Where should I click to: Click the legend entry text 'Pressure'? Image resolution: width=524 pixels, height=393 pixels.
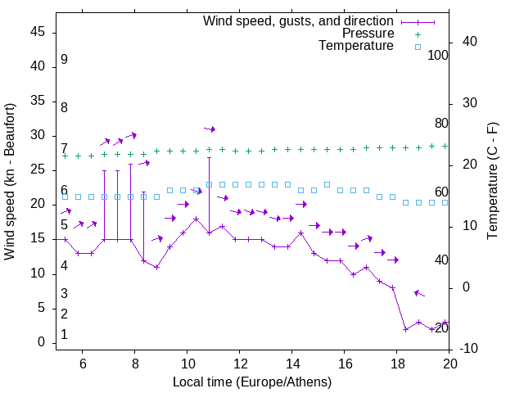pyautogui.click(x=369, y=34)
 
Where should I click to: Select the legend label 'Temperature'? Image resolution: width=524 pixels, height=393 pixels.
pyautogui.click(x=356, y=46)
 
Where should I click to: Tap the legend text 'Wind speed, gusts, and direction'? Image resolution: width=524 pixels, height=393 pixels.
pyautogui.click(x=299, y=21)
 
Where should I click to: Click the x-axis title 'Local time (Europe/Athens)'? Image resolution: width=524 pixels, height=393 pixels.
pyautogui.click(x=252, y=382)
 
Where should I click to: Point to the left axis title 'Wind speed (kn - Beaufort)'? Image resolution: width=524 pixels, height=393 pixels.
pyautogui.click(x=10, y=182)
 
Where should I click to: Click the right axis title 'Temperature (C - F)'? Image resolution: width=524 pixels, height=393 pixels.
pyautogui.click(x=493, y=182)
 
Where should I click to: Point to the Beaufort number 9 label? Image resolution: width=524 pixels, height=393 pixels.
pyautogui.click(x=64, y=60)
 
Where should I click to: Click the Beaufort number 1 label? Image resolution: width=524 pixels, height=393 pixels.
pyautogui.click(x=64, y=335)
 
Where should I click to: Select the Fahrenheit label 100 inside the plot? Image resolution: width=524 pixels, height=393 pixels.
pyautogui.click(x=438, y=56)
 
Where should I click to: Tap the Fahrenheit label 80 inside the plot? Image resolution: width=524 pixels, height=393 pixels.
pyautogui.click(x=441, y=123)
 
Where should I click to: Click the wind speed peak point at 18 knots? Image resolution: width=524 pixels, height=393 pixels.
pyautogui.click(x=196, y=219)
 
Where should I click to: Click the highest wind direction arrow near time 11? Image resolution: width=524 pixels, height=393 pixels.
pyautogui.click(x=210, y=129)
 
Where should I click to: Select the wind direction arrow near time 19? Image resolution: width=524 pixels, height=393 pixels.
pyautogui.click(x=419, y=293)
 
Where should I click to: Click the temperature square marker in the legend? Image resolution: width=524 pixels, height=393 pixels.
pyautogui.click(x=418, y=47)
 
